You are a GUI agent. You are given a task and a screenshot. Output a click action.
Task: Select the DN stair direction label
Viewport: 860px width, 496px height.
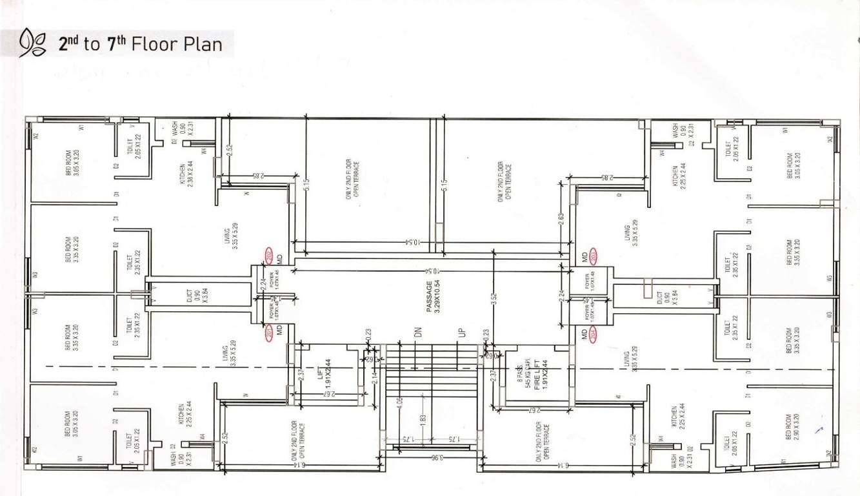[x=419, y=333]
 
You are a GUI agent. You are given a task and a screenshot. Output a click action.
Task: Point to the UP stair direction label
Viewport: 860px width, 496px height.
[x=461, y=333]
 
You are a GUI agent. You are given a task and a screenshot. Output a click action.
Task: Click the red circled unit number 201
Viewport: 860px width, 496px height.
[x=270, y=333]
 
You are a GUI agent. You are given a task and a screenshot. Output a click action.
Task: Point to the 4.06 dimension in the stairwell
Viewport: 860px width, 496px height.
[x=401, y=405]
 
